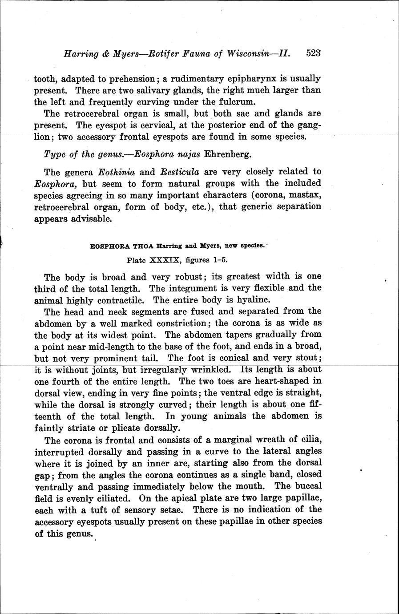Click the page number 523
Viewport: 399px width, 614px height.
point(313,53)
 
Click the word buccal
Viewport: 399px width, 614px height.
point(307,486)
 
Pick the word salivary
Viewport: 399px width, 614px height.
point(146,90)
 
